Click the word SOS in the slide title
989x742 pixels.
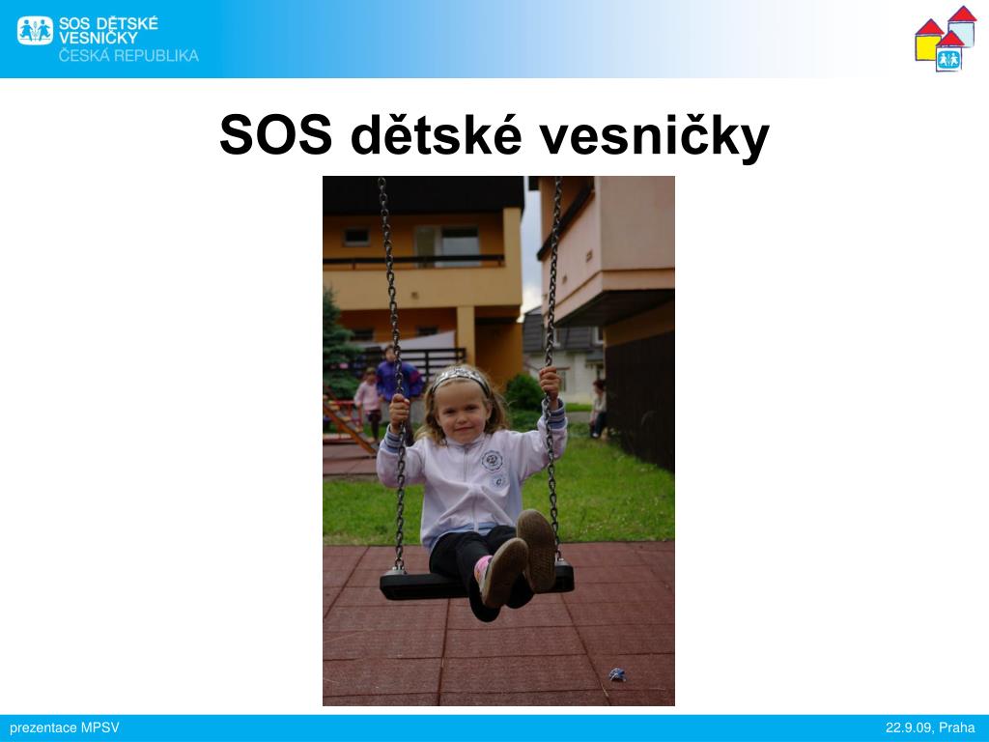(275, 134)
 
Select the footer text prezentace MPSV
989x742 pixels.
(65, 728)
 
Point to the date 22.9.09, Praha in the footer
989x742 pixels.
(930, 728)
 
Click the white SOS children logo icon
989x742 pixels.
(36, 30)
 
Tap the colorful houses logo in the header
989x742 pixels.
(946, 39)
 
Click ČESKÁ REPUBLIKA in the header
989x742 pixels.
(128, 55)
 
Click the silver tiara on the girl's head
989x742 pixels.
(460, 377)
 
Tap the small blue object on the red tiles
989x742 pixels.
(617, 674)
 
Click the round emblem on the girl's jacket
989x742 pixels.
(492, 460)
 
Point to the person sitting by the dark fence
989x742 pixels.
(598, 409)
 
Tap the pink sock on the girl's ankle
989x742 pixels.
(482, 568)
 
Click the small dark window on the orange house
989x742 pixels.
(356, 237)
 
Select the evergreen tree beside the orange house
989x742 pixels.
(338, 344)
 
